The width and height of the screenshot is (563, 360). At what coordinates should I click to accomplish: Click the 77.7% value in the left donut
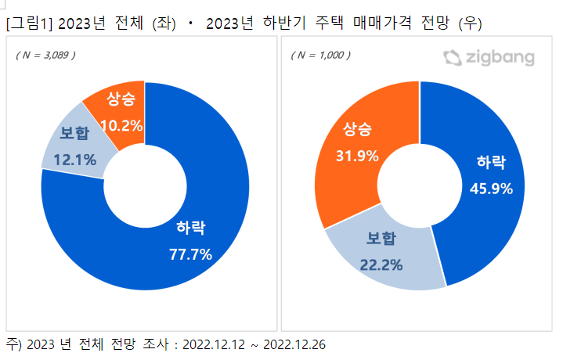pyautogui.click(x=191, y=253)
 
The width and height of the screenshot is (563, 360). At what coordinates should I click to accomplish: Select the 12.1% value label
pyautogui.click(x=74, y=160)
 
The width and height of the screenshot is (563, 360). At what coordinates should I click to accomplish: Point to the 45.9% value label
pyautogui.click(x=490, y=188)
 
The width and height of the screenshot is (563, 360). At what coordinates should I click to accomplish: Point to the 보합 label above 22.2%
pyautogui.click(x=383, y=239)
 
